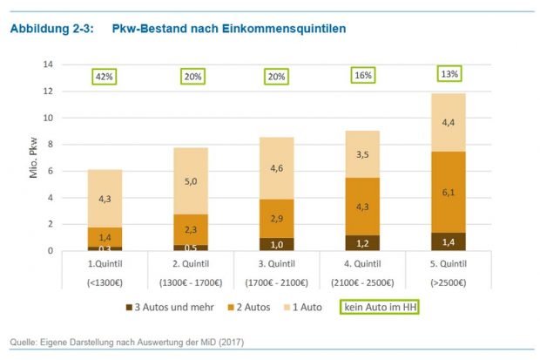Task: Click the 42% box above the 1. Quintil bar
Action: click(x=105, y=77)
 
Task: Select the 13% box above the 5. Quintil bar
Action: click(x=449, y=74)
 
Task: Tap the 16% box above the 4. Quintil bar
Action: click(x=363, y=76)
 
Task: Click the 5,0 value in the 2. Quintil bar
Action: click(x=191, y=181)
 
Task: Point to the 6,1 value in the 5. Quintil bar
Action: click(x=449, y=192)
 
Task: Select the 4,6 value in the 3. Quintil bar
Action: click(x=277, y=167)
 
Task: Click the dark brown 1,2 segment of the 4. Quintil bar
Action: click(x=362, y=242)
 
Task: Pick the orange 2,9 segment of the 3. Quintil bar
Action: click(x=277, y=218)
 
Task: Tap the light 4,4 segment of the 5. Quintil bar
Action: click(x=449, y=122)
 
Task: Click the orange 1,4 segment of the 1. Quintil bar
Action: click(x=105, y=236)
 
